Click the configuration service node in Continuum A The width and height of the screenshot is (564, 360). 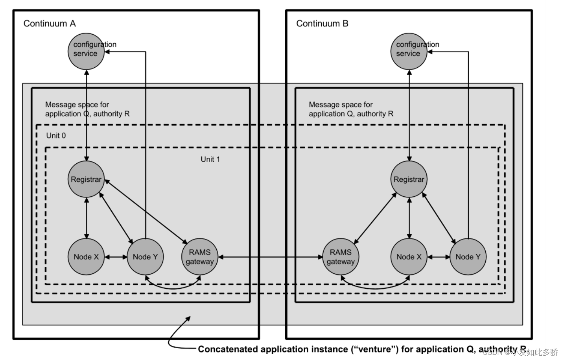(86, 51)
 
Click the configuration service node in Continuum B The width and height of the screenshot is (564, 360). (409, 51)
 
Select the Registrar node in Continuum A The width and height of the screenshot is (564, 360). (86, 179)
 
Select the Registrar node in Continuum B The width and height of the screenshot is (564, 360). (409, 179)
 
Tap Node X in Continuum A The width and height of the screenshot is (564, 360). (86, 257)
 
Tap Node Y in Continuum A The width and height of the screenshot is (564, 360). (145, 257)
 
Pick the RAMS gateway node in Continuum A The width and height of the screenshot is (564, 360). (200, 257)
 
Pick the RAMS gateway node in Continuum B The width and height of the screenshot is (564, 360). (341, 257)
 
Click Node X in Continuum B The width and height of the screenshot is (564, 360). (409, 257)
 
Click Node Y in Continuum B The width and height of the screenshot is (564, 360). (468, 257)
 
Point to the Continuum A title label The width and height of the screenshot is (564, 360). (50, 24)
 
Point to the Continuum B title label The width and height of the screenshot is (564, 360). (322, 24)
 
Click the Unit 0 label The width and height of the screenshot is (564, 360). (56, 136)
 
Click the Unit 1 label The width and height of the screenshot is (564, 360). (210, 159)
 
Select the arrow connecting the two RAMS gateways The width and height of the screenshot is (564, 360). (270, 257)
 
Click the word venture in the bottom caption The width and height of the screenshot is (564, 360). (375, 349)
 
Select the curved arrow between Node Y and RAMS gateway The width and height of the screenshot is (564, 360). (173, 288)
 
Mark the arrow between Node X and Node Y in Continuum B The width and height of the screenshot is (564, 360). (439, 257)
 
